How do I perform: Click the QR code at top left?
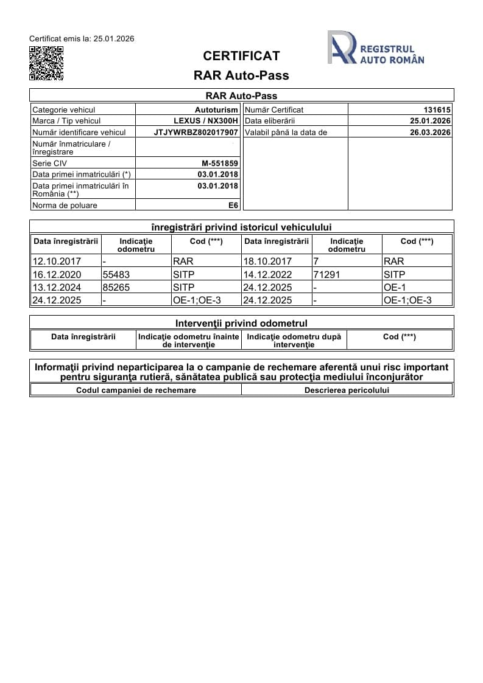tap(46, 63)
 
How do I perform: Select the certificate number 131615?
tap(437, 110)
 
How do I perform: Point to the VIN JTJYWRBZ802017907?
tap(196, 132)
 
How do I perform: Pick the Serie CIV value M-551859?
tap(220, 164)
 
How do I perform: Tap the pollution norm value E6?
tap(233, 206)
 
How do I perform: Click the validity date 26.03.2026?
tap(430, 132)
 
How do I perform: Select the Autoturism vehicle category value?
tap(217, 110)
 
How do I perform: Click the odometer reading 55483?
tap(116, 274)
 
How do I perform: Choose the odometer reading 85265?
tap(116, 287)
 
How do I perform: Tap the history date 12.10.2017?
tap(52, 262)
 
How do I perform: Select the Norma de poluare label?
tap(65, 206)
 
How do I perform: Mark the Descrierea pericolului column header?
tap(347, 390)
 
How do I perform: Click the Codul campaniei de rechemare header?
tap(136, 390)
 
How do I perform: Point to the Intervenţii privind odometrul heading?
tap(241, 323)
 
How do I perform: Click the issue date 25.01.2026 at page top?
tap(113, 39)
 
